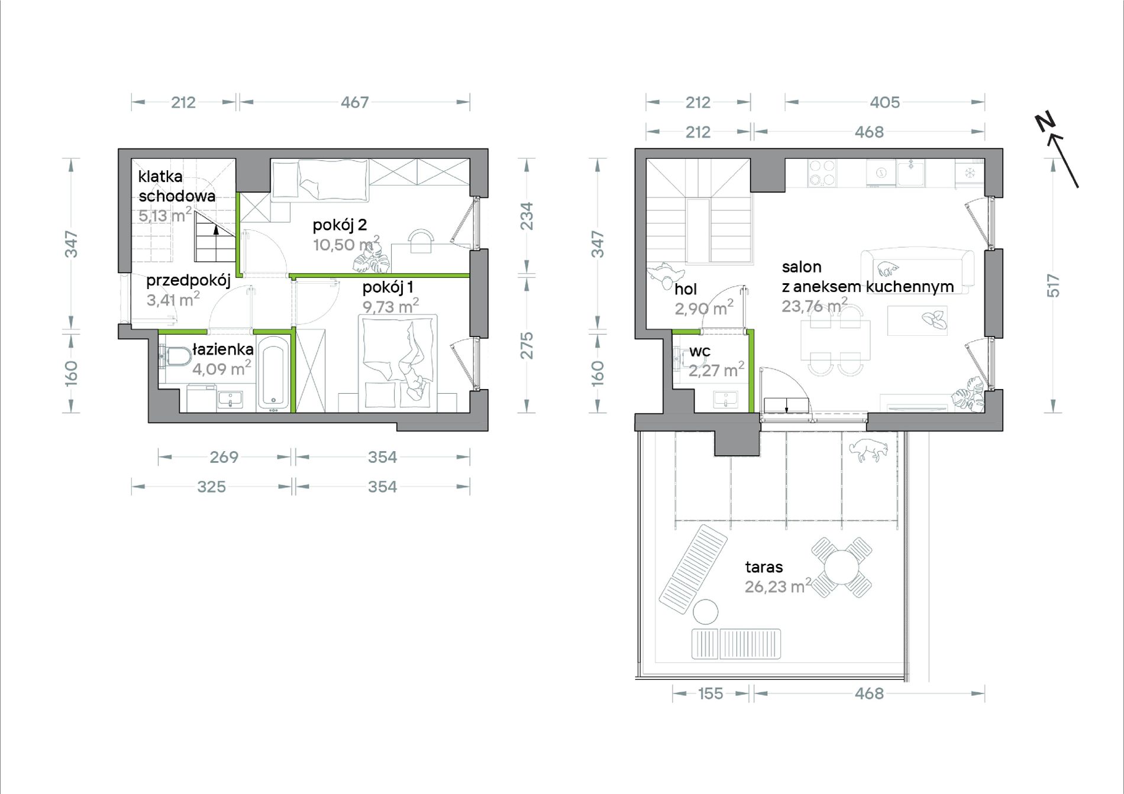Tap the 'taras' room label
764,567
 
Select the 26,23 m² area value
778,586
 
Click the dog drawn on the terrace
868,450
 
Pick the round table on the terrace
841,567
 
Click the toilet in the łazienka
175,357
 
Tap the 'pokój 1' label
387,287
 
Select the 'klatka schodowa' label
176,186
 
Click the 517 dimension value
1054,286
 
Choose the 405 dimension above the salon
884,102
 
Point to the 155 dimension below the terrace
710,693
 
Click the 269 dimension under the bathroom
224,457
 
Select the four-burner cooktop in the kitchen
822,173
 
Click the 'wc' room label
700,352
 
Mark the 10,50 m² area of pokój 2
346,244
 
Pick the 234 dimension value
526,216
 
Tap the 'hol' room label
686,289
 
